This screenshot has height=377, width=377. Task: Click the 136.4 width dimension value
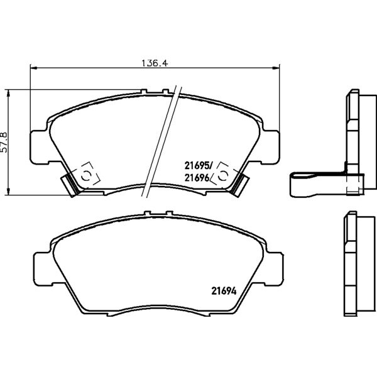tap(155, 63)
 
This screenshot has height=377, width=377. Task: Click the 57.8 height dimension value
tap(4, 142)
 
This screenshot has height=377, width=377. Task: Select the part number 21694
tap(224, 291)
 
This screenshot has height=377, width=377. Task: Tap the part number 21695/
tap(199, 165)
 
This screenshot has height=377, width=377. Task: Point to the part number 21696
tap(197, 178)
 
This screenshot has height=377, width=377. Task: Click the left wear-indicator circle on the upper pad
tap(86, 176)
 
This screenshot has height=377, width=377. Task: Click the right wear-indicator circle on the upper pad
tap(222, 176)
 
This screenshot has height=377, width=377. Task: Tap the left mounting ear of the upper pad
tap(39, 148)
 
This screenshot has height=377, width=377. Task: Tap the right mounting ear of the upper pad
tap(270, 148)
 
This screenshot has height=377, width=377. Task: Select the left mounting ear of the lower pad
tap(43, 269)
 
